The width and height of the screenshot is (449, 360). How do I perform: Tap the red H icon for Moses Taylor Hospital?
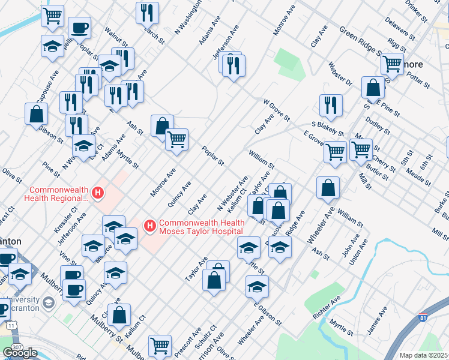150,226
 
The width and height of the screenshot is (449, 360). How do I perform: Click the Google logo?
20,353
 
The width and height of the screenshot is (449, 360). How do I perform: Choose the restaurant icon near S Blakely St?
330,105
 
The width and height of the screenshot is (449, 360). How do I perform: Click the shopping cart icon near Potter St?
392,62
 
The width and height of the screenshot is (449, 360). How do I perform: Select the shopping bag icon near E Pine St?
373,87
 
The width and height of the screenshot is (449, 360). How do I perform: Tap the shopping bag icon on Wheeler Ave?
328,187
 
